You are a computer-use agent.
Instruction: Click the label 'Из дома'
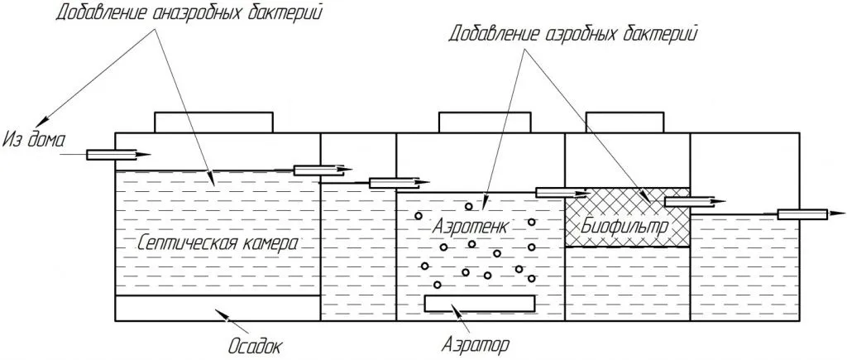pyautogui.click(x=33, y=140)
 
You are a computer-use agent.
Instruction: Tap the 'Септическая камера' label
pyautogui.click(x=218, y=243)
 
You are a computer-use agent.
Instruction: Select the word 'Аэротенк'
pyautogui.click(x=470, y=226)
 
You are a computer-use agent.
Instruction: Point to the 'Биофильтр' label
pyautogui.click(x=625, y=225)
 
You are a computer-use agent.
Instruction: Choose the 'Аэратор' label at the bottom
pyautogui.click(x=475, y=343)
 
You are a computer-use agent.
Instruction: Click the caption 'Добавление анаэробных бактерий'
pyautogui.click(x=189, y=12)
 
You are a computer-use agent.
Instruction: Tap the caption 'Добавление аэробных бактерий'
pyautogui.click(x=572, y=35)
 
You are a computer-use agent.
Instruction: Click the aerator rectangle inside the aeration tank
pyautogui.click(x=480, y=303)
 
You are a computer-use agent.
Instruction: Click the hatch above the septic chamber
pyautogui.click(x=214, y=122)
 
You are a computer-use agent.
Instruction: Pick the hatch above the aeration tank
pyautogui.click(x=484, y=122)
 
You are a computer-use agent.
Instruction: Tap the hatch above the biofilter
pyautogui.click(x=624, y=122)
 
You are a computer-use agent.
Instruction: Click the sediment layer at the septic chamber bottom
pyautogui.click(x=218, y=308)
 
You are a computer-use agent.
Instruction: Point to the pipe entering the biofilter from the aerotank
pyautogui.click(x=561, y=193)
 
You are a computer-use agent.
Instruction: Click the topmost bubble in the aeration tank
pyautogui.click(x=469, y=206)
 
